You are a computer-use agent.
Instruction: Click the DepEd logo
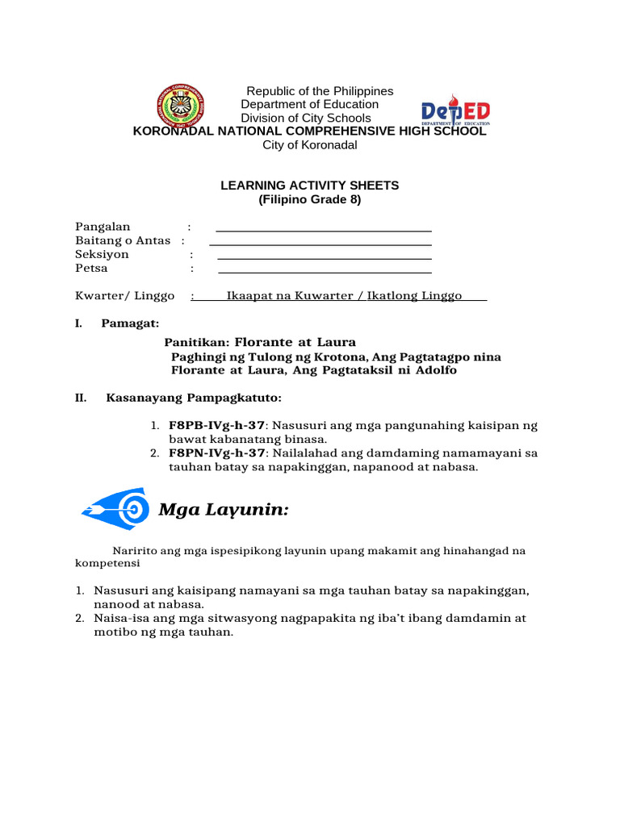[455, 114]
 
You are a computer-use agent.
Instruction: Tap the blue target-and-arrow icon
[115, 508]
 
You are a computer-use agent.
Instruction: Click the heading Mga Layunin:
[224, 510]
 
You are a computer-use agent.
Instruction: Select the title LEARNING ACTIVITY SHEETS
[310, 186]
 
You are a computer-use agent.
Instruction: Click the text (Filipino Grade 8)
[310, 199]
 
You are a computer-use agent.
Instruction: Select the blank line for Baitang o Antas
[320, 243]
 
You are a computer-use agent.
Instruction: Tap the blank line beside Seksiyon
[325, 257]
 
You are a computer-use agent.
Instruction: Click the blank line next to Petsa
[325, 271]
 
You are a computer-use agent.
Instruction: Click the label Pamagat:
[130, 323]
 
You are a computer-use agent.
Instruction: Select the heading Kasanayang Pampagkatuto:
[194, 398]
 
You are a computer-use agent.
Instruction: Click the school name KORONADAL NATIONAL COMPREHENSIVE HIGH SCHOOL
[310, 131]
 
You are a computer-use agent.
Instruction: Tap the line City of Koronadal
[310, 145]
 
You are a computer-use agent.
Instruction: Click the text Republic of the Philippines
[320, 91]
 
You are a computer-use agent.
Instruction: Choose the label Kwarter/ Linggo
[125, 296]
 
